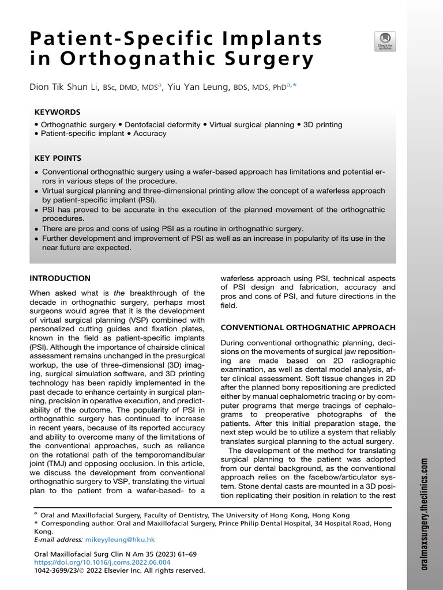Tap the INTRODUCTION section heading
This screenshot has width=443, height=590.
tap(60, 278)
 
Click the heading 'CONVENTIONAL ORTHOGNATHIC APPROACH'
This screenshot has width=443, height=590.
tap(308, 327)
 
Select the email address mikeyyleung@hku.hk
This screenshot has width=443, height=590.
tap(119, 540)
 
